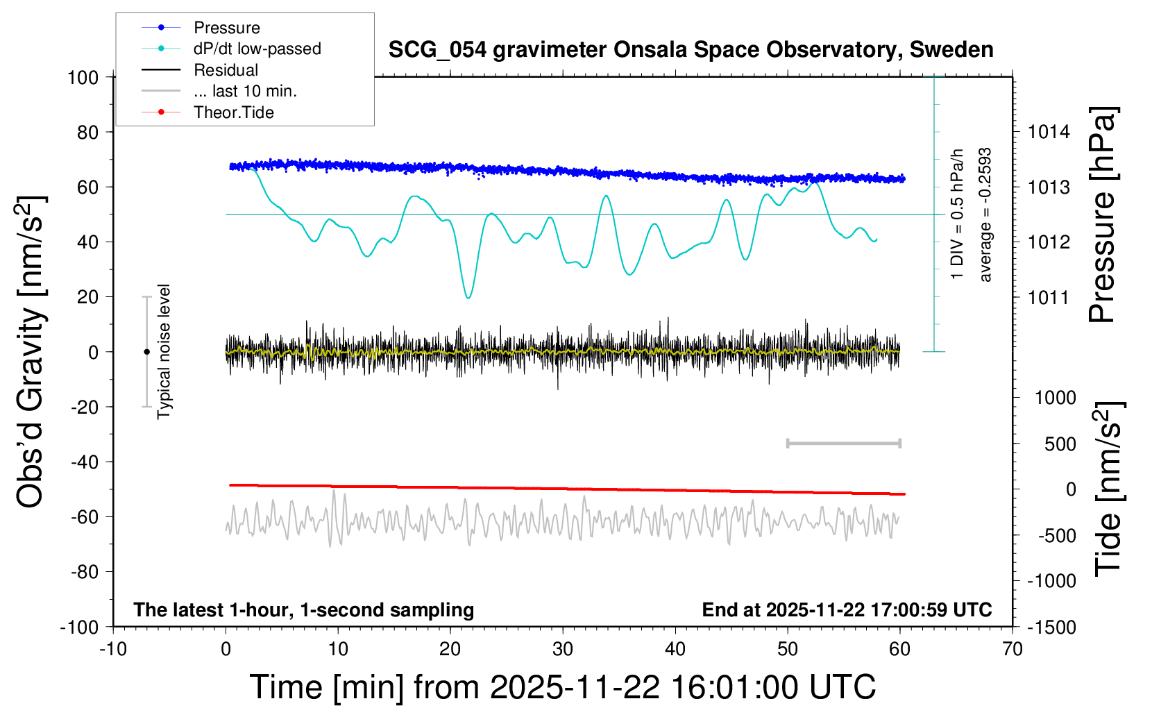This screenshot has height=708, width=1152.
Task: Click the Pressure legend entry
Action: coord(226,28)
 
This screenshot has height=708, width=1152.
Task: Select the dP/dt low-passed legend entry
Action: coord(257,49)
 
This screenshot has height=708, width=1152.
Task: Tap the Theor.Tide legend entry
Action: coord(233,112)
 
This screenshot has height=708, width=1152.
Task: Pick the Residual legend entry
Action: coord(226,70)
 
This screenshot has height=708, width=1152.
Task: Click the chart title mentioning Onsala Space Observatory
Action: coord(691,50)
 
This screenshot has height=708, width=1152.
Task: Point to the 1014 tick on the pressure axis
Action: coord(1049,132)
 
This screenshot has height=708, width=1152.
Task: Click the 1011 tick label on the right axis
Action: coord(1049,298)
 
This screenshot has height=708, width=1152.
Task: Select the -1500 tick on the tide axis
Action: coord(1051,627)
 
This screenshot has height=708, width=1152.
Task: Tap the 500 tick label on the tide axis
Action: coord(1060,444)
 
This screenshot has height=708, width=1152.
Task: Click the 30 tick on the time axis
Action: coord(563,649)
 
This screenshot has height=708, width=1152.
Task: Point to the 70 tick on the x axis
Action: coord(1013,649)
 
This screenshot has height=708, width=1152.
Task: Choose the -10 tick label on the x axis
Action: coord(113,649)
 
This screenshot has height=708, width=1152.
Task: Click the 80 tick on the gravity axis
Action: coord(87,132)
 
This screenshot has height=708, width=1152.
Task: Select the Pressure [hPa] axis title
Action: coord(1102,215)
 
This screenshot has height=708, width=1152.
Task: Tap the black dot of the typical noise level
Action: coord(146,352)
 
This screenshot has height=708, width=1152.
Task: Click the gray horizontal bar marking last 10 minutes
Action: coord(843,443)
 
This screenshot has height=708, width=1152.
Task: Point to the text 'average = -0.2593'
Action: coord(985,214)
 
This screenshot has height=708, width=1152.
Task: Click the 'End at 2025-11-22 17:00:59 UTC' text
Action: coord(847,609)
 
